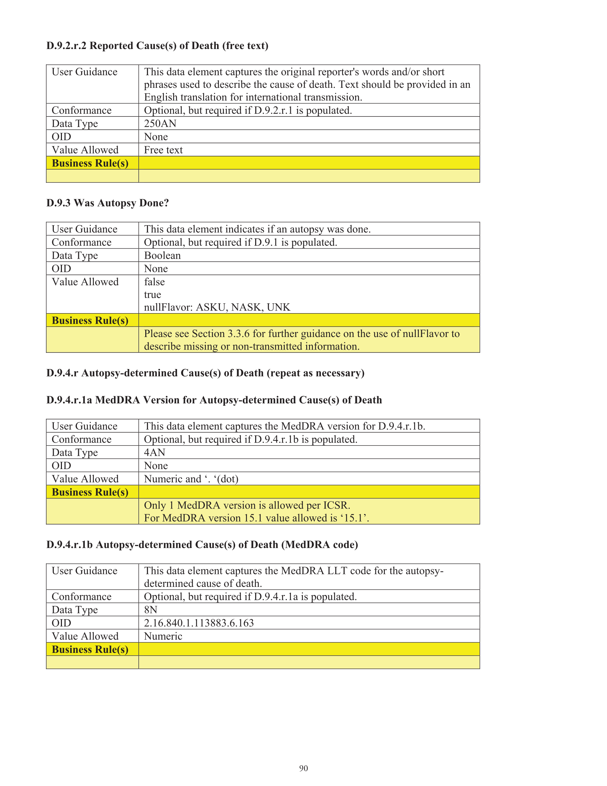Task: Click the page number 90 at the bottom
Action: click(303, 768)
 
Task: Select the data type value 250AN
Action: click(160, 124)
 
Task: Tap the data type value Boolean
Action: click(162, 256)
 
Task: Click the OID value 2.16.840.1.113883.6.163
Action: click(199, 623)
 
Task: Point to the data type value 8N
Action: click(150, 610)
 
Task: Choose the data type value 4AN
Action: click(154, 452)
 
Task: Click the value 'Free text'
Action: click(163, 150)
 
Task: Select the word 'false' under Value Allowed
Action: click(154, 282)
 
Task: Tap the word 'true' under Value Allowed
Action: click(152, 295)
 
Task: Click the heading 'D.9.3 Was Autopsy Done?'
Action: click(108, 203)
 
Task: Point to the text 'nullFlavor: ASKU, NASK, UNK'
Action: click(217, 307)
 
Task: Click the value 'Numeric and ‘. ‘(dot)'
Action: click(191, 479)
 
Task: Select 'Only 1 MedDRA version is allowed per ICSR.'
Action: click(247, 505)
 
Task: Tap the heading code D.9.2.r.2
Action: click(67, 46)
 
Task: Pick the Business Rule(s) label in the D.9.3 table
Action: click(90, 320)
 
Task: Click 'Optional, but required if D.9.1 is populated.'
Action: click(240, 243)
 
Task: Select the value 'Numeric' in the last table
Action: click(163, 636)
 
